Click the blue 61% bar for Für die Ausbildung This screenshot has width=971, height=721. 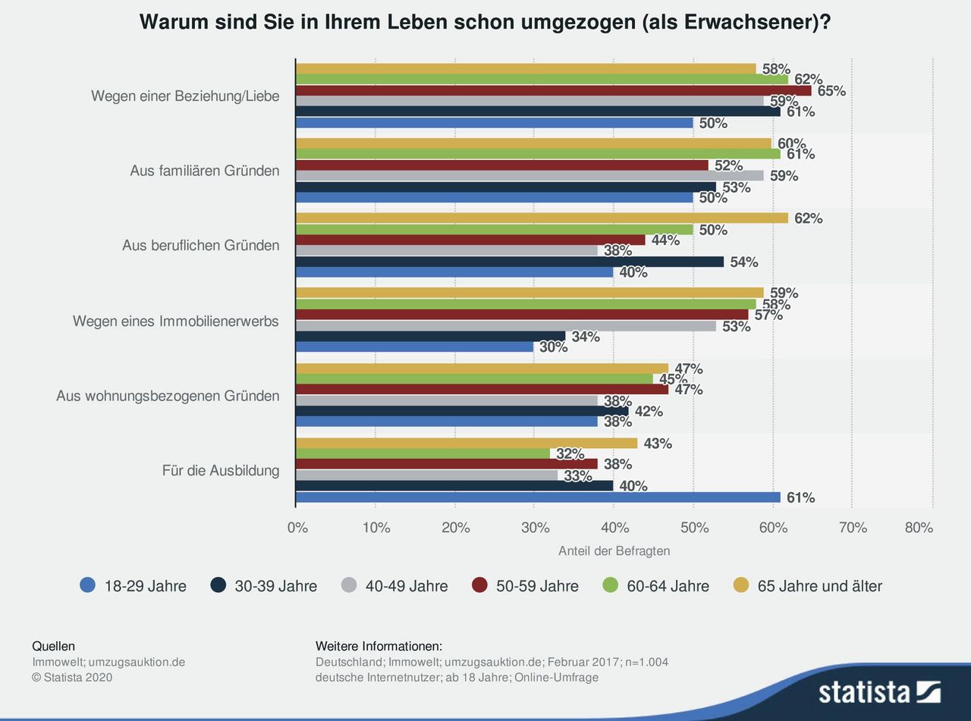pyautogui.click(x=537, y=497)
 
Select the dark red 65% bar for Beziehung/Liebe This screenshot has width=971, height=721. pyautogui.click(x=552, y=90)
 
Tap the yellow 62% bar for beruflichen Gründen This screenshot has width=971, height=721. pyautogui.click(x=541, y=218)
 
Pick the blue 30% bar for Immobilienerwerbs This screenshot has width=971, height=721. pyautogui.click(x=414, y=346)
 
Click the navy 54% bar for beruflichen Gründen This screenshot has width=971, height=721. pyautogui.click(x=509, y=262)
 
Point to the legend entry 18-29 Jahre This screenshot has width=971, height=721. pyautogui.click(x=134, y=586)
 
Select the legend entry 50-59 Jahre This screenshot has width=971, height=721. pyautogui.click(x=525, y=586)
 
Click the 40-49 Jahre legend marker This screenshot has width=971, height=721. pyautogui.click(x=349, y=585)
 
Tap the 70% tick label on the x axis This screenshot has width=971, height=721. pyautogui.click(x=853, y=528)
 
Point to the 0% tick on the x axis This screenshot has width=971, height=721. pyautogui.click(x=297, y=528)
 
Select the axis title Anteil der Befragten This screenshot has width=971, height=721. pyautogui.click(x=614, y=551)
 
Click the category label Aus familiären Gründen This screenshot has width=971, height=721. pyautogui.click(x=205, y=171)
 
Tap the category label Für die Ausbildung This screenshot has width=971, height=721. pyautogui.click(x=221, y=470)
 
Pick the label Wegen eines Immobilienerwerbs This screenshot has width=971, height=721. pyautogui.click(x=176, y=321)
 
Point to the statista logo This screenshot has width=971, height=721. pyautogui.click(x=878, y=691)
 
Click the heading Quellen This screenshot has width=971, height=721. pyautogui.click(x=53, y=646)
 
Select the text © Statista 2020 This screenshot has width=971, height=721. pyautogui.click(x=72, y=677)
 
